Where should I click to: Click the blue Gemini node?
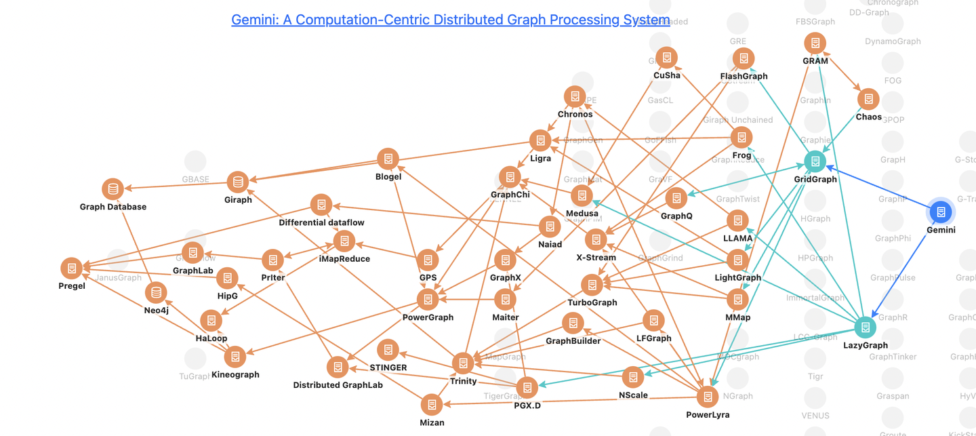click(x=941, y=212)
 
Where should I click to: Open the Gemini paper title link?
click(x=450, y=20)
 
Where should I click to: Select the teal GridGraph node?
click(x=815, y=161)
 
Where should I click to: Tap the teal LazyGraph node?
click(x=865, y=328)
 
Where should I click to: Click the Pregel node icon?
click(x=71, y=268)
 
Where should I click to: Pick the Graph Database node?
click(x=113, y=189)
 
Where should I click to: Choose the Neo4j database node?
click(x=157, y=293)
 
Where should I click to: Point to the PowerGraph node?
click(x=428, y=299)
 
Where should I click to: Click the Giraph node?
click(x=237, y=182)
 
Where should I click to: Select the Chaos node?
click(x=868, y=99)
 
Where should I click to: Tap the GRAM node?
click(x=815, y=43)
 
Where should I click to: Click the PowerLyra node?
click(x=708, y=397)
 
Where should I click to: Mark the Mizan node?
click(x=432, y=405)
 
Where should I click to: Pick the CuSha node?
click(x=667, y=58)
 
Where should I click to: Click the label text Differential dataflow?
click(x=321, y=222)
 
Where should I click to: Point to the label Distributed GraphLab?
click(x=338, y=385)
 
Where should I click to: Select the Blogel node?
click(x=388, y=159)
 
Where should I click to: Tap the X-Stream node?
click(x=596, y=239)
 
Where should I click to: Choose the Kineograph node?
click(x=235, y=357)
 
